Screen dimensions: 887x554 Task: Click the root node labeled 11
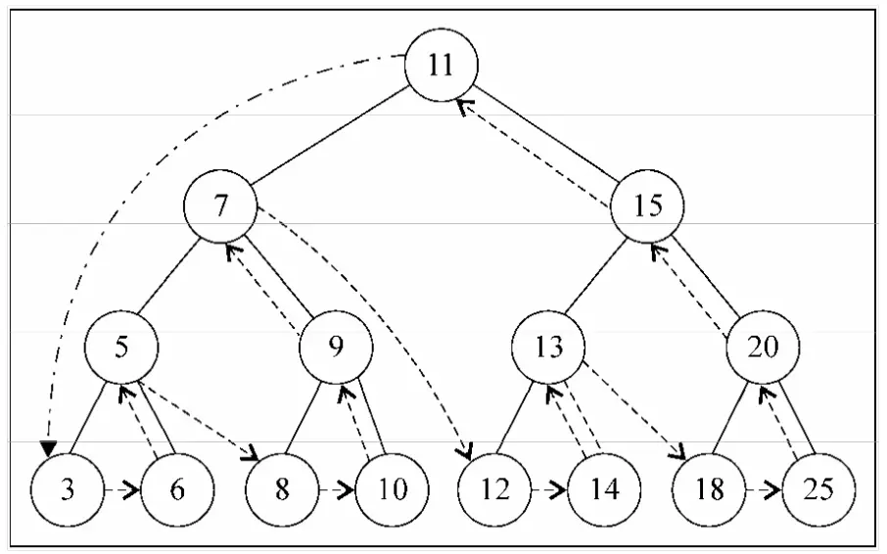pos(442,65)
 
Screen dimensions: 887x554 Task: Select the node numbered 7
pos(220,206)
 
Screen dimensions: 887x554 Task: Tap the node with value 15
pos(647,206)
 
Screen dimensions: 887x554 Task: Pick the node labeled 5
pos(121,347)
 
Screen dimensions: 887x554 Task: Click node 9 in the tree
pos(336,347)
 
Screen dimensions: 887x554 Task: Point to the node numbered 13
pos(548,347)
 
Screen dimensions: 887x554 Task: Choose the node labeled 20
pos(763,347)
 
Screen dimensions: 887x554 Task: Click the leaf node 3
pos(68,489)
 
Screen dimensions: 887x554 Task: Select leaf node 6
pos(177,489)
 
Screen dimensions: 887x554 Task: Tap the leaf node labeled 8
pos(282,489)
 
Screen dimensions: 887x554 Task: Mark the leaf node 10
pos(392,489)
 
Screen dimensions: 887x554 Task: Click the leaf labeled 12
pos(494,489)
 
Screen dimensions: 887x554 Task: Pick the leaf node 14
pos(604,489)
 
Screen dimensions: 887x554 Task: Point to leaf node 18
pos(710,489)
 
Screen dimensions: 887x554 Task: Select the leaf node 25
pos(819,489)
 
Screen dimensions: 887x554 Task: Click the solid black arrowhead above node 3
pos(49,447)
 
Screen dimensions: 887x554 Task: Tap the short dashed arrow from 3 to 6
pos(122,489)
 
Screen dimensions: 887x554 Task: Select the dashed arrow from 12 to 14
pos(549,489)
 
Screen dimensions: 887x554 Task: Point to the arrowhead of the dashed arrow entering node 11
pos(464,105)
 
